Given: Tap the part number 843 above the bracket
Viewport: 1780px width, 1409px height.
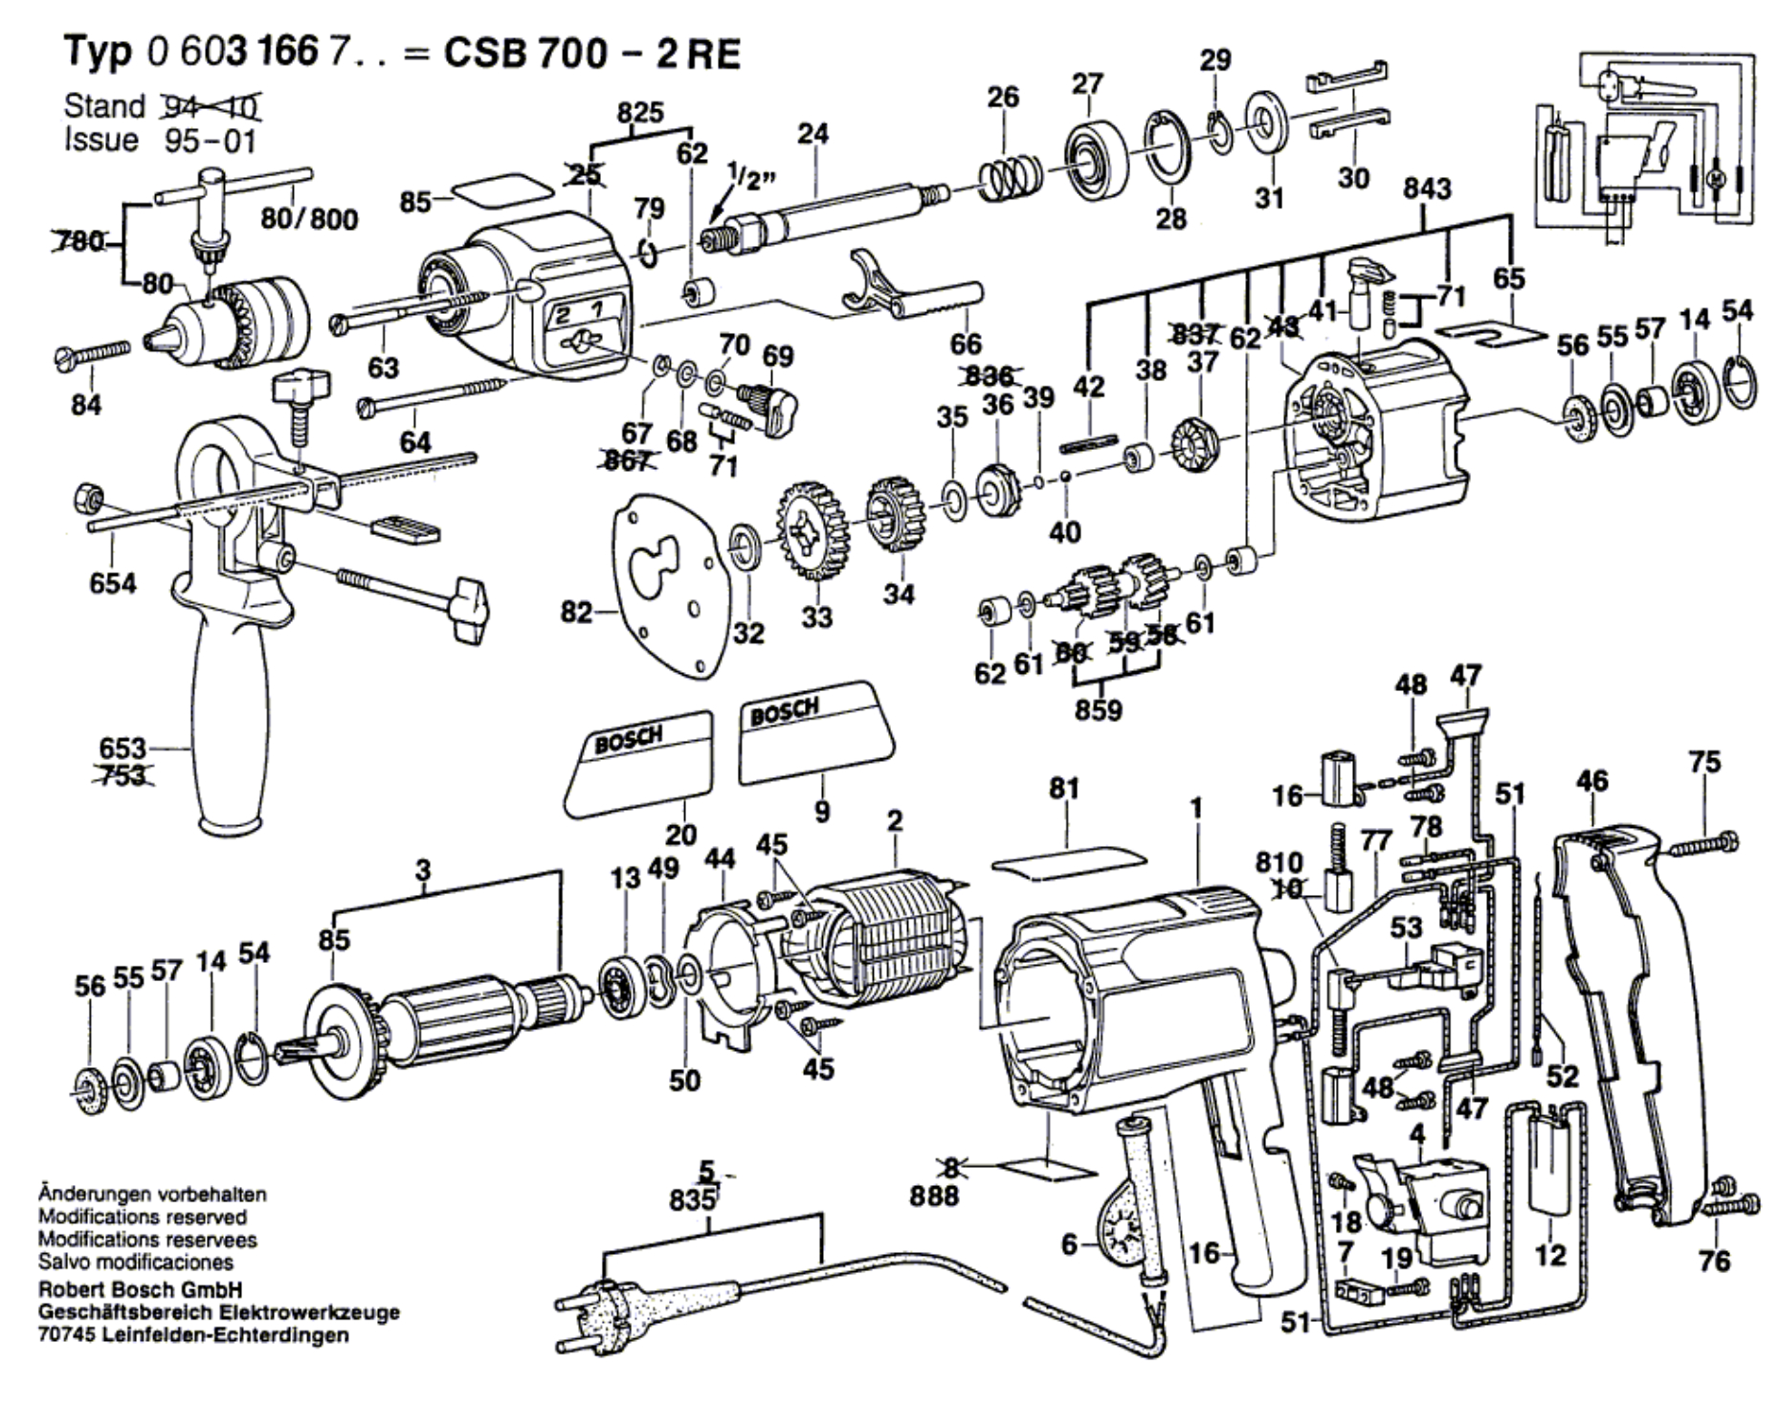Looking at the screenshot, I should point(1427,190).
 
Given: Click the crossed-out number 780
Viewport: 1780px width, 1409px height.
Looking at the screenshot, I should point(79,240).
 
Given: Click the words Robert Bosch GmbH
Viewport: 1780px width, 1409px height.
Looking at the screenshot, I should point(140,1289).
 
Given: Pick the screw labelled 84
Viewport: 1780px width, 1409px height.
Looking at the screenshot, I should point(93,355).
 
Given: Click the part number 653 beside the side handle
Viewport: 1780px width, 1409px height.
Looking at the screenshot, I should point(122,748).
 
